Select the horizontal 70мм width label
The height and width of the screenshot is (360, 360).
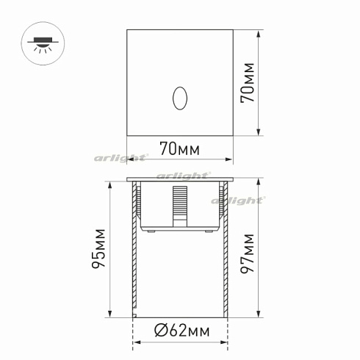click(179, 150)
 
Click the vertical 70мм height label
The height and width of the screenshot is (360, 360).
click(249, 82)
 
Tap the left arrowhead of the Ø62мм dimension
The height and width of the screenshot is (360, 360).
click(136, 342)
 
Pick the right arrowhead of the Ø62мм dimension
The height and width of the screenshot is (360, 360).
click(223, 342)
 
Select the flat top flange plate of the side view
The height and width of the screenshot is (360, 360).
click(179, 179)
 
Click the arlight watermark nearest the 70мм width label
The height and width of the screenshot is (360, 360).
click(122, 156)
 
